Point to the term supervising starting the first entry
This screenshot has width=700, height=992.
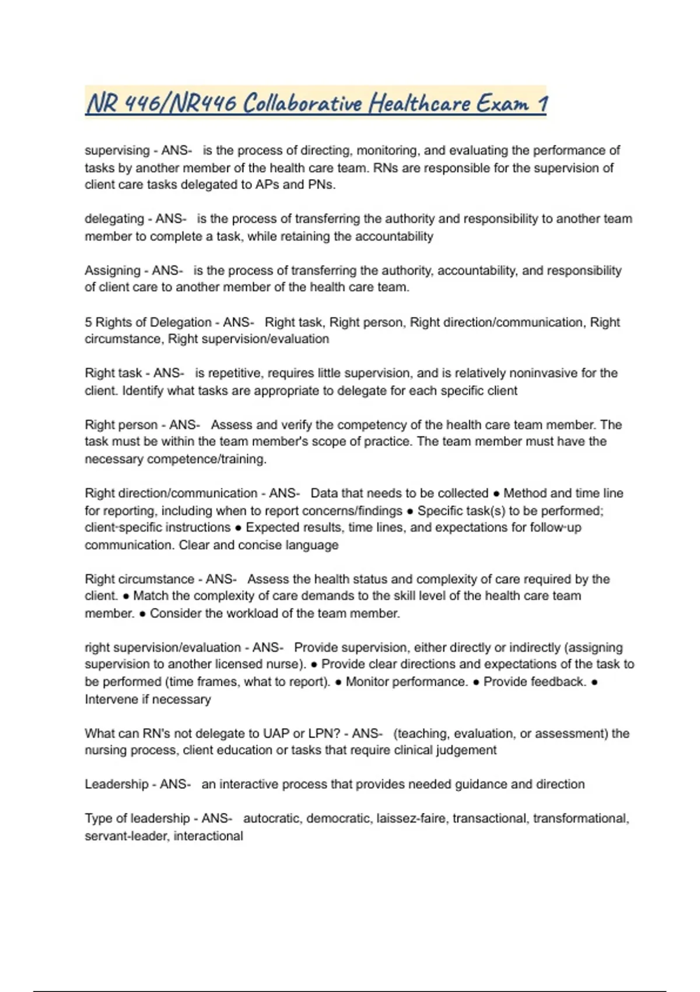pyautogui.click(x=117, y=151)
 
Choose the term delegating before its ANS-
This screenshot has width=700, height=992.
pyautogui.click(x=114, y=219)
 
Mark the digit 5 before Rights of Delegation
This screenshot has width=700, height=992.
pyautogui.click(x=88, y=322)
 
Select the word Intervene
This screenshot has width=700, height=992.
pyautogui.click(x=111, y=699)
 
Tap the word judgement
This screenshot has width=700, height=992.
pyautogui.click(x=467, y=750)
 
